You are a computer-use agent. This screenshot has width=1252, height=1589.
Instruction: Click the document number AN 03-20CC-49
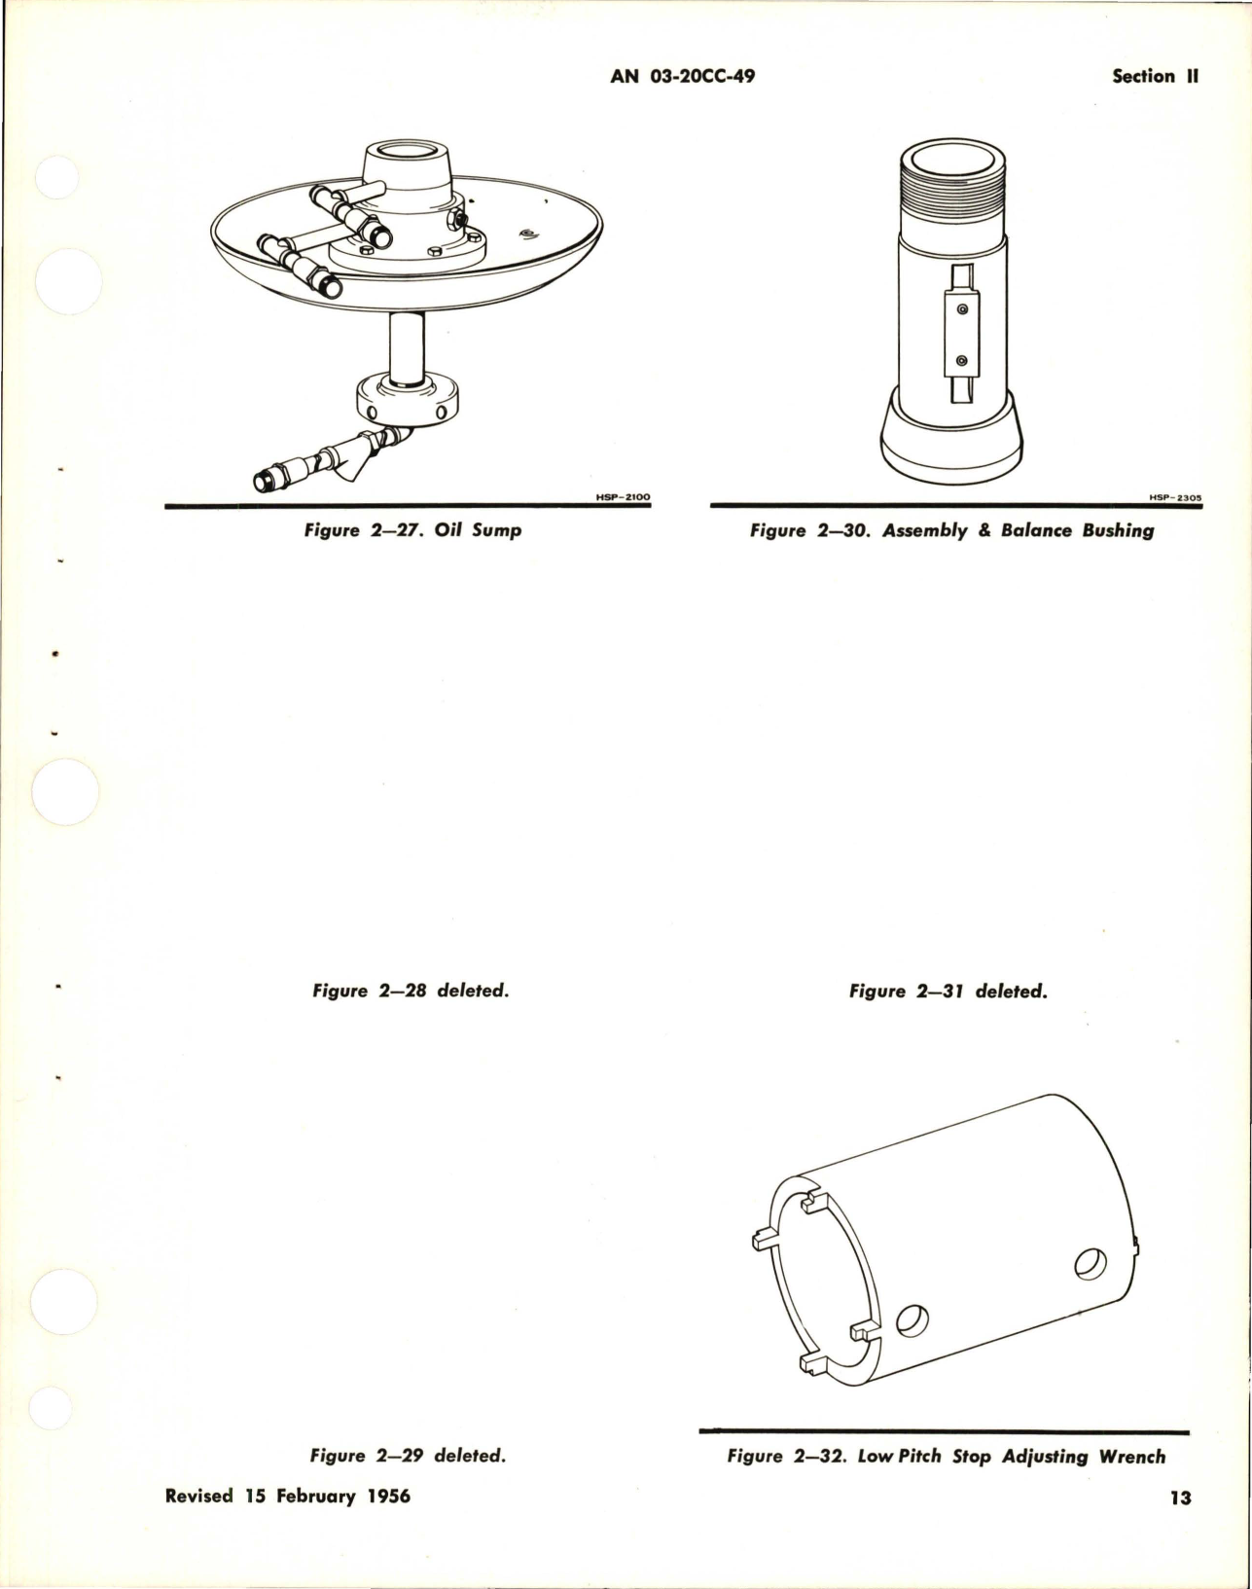point(682,76)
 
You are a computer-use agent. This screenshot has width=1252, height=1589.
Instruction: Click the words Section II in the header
point(1155,76)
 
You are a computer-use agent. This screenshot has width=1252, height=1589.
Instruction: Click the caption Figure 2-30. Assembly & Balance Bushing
point(951,530)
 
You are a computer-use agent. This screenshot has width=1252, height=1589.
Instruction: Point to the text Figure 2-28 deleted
point(411,992)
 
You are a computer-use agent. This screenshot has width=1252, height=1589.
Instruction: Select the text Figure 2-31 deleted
point(948,992)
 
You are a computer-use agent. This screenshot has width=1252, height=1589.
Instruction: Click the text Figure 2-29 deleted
point(409,1456)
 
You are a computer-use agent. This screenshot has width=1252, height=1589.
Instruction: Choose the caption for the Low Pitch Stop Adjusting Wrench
point(946,1457)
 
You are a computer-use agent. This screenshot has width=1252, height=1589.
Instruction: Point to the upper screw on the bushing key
point(961,309)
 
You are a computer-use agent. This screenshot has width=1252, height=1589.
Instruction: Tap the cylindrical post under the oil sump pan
point(407,349)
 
